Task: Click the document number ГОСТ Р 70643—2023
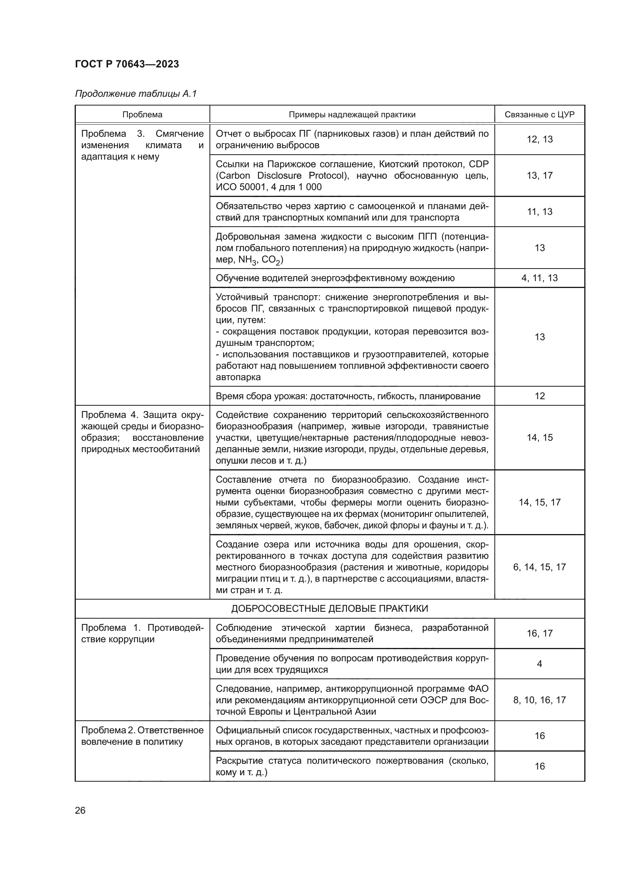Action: point(127,64)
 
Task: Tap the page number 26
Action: point(80,810)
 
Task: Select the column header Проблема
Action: point(142,115)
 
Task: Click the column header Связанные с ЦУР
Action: point(539,115)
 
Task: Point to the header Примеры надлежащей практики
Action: point(352,115)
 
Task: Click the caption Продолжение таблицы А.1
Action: point(136,94)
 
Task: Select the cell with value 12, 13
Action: point(539,139)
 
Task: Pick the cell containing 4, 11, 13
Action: point(539,278)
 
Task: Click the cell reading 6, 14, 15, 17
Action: point(539,567)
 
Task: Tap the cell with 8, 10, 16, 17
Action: point(539,700)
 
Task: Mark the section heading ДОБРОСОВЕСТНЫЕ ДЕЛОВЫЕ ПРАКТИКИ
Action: point(329,608)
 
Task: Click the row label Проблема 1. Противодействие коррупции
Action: point(142,633)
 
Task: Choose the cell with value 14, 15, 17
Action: point(539,502)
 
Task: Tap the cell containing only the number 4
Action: point(539,664)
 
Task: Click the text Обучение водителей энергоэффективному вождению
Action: point(335,278)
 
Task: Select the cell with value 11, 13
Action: point(539,211)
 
